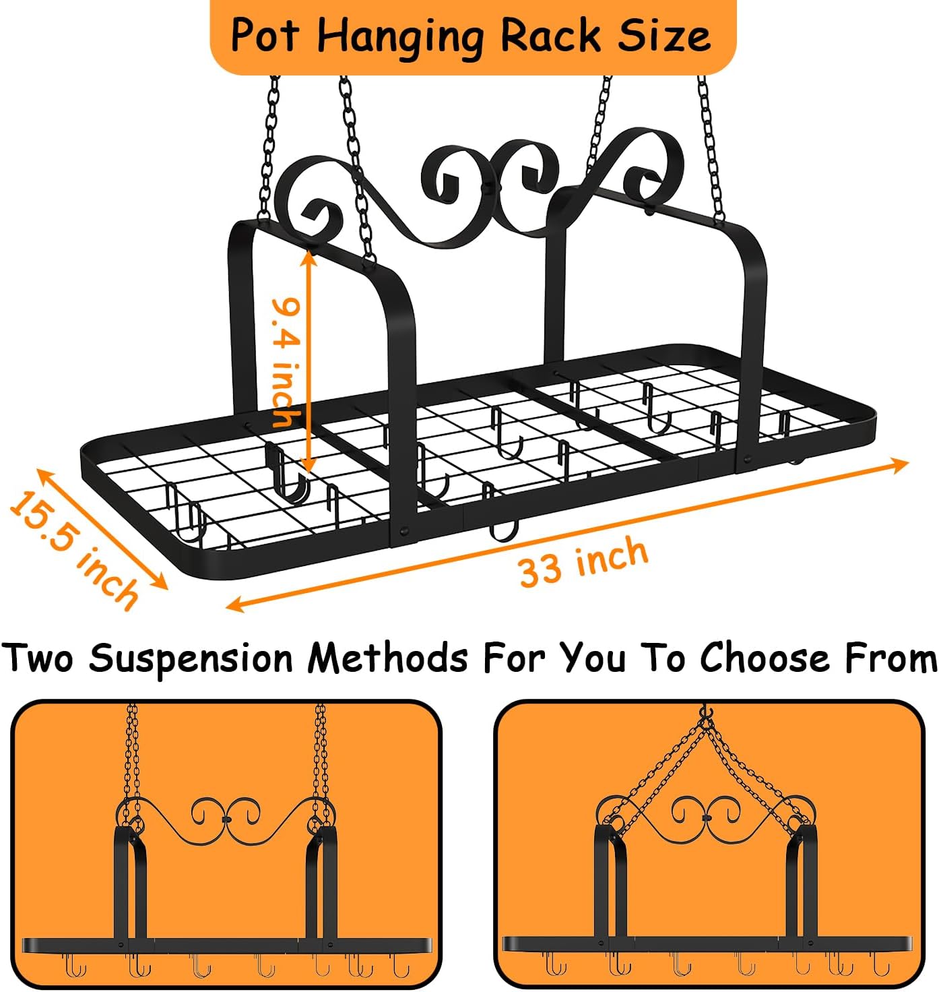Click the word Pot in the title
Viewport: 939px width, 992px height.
click(265, 34)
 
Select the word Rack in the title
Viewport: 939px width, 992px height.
click(551, 34)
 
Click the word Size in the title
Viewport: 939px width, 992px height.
click(664, 34)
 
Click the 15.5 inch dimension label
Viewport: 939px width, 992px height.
click(74, 550)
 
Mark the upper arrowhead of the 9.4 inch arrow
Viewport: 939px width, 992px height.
click(309, 257)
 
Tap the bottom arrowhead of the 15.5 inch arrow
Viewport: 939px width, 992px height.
click(160, 582)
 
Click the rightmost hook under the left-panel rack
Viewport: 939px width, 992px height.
click(401, 964)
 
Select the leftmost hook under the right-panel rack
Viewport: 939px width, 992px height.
click(556, 964)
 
